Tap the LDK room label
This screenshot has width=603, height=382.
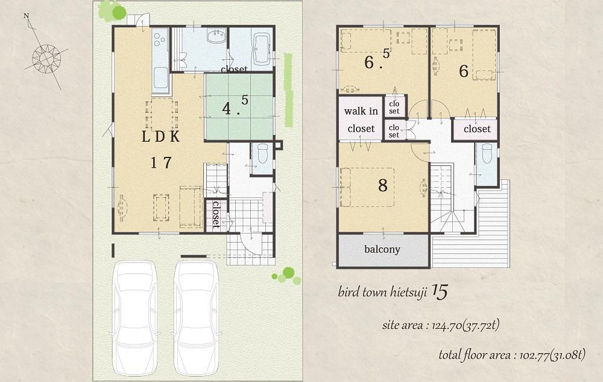click(161, 136)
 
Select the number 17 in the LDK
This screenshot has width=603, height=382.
click(161, 162)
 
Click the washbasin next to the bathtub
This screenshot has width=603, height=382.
click(216, 37)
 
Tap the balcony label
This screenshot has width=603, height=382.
click(382, 250)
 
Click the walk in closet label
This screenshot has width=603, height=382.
click(361, 120)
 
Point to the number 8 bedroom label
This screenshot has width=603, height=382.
click(382, 185)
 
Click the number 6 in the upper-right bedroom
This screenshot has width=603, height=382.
click(463, 71)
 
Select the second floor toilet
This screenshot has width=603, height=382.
click(487, 155)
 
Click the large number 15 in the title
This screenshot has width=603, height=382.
click(440, 293)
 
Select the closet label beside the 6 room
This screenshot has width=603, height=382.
click(477, 129)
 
